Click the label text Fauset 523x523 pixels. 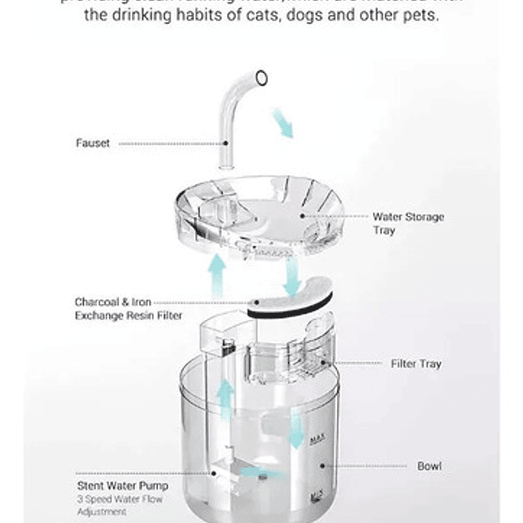pos(93,143)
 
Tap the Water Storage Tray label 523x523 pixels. pos(408,224)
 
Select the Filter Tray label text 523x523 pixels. pos(416,364)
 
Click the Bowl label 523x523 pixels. pos(429,466)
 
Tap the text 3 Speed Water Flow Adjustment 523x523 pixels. pos(119,505)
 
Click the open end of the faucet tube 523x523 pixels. pos(261,78)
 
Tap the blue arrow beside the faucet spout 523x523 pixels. pos(282,123)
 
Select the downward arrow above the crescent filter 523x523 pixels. pos(292,275)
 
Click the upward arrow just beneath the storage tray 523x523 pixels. pos(218,274)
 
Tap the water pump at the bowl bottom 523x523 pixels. pos(227,467)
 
